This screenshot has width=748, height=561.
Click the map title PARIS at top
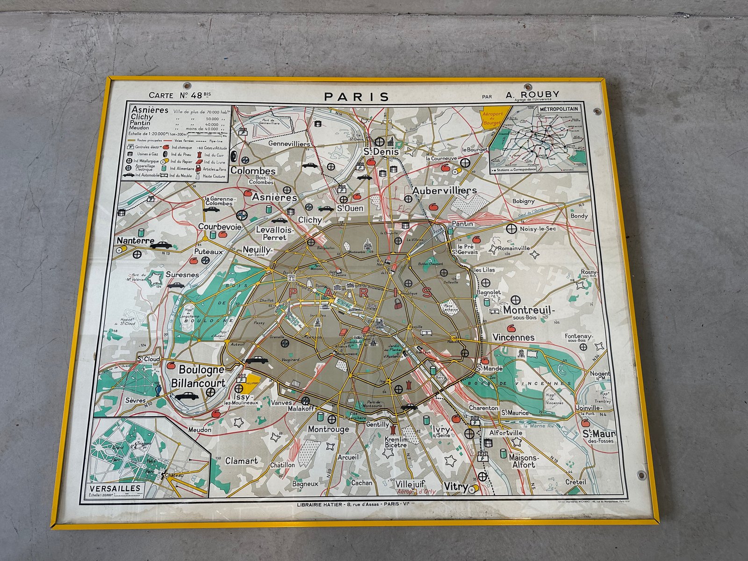tap(357, 97)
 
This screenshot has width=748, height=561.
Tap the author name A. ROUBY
tap(532, 94)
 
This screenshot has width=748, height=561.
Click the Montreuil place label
tap(528, 310)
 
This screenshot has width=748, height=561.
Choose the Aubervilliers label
tap(444, 190)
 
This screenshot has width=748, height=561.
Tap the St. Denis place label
tap(381, 151)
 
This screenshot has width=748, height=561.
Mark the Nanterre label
tap(135, 241)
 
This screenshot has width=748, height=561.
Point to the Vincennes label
tap(513, 337)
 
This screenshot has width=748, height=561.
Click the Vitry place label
tap(455, 487)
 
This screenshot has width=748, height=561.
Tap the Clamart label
tap(241, 460)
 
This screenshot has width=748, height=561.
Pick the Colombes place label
tap(252, 171)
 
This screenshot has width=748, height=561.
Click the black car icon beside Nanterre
tap(161, 245)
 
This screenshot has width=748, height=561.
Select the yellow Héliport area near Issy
tap(253, 381)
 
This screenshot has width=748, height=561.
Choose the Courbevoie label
tap(220, 227)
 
